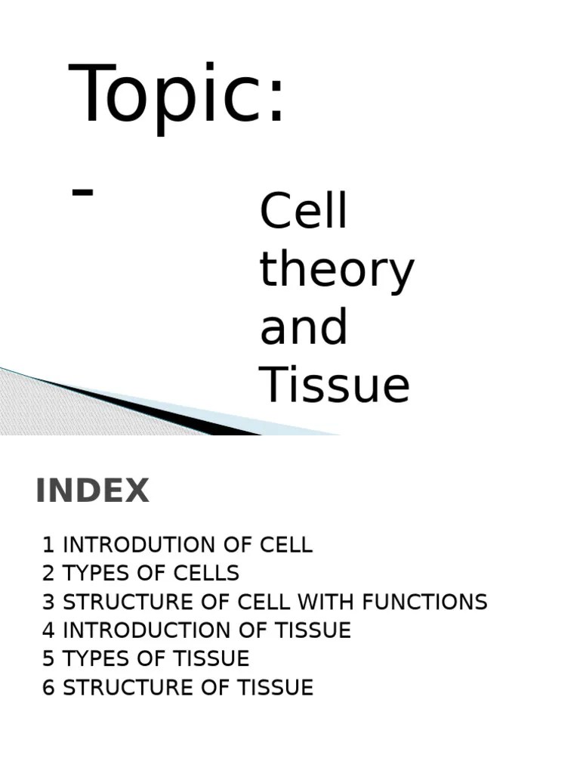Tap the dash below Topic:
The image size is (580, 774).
tap(82, 192)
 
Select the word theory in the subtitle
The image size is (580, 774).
tap(337, 271)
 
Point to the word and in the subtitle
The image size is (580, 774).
tap(304, 327)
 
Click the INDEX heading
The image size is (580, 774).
tap(92, 491)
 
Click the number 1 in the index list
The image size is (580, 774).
tap(48, 545)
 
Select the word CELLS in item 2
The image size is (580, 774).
tap(208, 574)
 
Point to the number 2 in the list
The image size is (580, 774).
tap(48, 574)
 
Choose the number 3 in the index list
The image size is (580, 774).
tap(48, 602)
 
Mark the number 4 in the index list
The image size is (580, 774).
tap(48, 630)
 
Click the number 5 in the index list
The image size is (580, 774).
tap(48, 659)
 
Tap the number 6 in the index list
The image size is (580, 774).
tap(48, 688)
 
